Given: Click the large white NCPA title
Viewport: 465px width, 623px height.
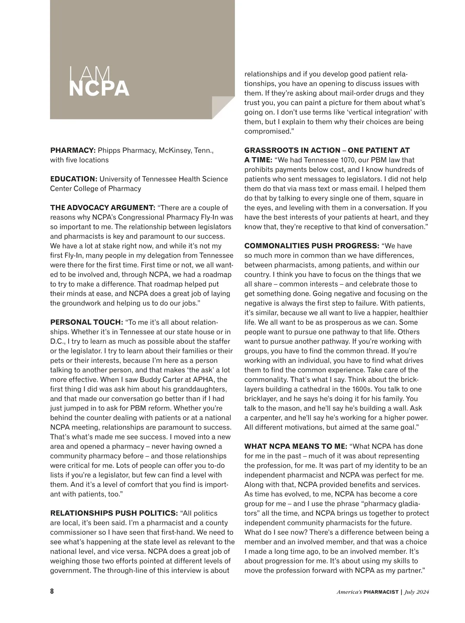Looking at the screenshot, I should coord(99,88).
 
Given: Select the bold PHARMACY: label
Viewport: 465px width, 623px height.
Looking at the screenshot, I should coord(73,150).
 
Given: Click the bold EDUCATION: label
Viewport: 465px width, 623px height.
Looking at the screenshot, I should coord(74,179).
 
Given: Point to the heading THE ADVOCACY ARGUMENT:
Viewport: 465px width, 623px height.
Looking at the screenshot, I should coord(103,208).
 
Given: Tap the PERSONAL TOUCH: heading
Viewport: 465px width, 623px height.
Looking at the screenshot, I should coord(86,322).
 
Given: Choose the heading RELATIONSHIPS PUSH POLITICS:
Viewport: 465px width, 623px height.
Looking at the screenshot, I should coord(114,513).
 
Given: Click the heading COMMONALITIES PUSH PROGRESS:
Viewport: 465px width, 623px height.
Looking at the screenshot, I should coord(312,246).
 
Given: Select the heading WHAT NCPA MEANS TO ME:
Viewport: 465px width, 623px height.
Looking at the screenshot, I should coord(296,446).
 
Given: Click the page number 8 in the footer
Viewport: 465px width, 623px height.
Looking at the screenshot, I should coord(52,592).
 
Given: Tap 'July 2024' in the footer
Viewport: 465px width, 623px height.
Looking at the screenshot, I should coord(417,592).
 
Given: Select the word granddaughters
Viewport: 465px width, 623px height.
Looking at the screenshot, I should coord(200,389).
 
